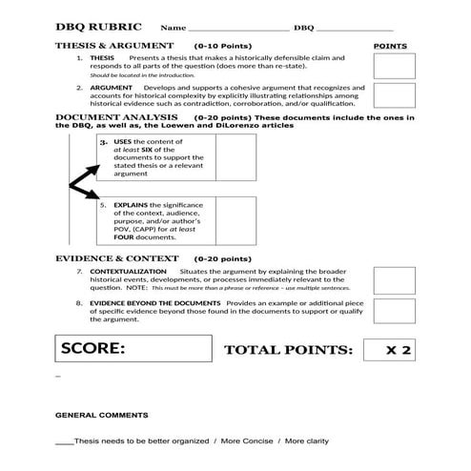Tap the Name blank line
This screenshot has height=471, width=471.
[235, 31]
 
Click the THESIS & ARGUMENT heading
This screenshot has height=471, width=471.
[114, 46]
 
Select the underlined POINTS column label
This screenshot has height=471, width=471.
[390, 46]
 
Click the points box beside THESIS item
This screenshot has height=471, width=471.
[394, 65]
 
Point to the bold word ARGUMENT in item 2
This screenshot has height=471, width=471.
[111, 87]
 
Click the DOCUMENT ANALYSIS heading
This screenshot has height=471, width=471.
[113, 117]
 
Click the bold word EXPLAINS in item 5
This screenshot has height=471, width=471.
[132, 204]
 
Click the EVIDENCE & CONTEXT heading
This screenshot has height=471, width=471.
[116, 258]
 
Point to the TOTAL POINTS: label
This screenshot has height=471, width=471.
[288, 351]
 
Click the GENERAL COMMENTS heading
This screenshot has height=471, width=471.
[102, 416]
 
